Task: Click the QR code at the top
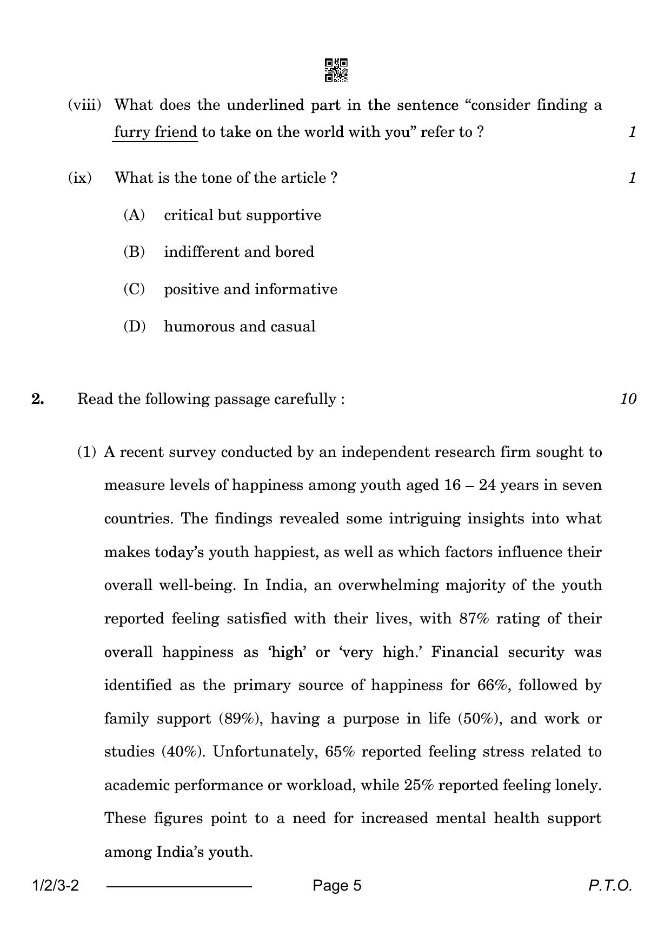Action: [x=336, y=70]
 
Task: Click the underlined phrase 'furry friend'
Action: [x=155, y=131]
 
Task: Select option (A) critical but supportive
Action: [x=242, y=215]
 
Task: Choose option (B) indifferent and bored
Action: [x=238, y=252]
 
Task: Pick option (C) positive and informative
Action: [x=250, y=289]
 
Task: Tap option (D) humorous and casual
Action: [x=240, y=327]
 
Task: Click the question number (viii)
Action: [x=84, y=104]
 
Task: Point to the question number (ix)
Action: [x=79, y=177]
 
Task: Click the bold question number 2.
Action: [x=37, y=399]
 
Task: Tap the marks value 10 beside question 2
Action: [x=628, y=399]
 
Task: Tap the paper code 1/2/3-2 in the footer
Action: [x=56, y=886]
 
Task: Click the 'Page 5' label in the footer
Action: [x=337, y=886]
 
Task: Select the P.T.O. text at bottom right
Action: [x=610, y=886]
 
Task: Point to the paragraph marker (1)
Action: [x=87, y=452]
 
